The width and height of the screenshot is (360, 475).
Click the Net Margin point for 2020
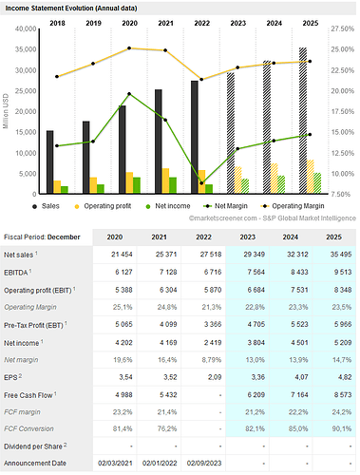pyautogui.click(x=130, y=94)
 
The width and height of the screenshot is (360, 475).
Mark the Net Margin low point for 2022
pyautogui.click(x=201, y=182)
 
